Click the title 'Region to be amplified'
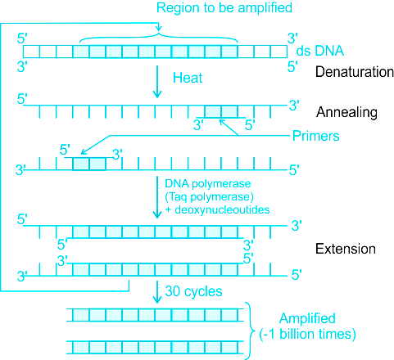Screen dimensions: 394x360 click(224, 8)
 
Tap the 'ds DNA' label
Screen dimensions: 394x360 click(319, 51)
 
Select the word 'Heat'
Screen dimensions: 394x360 click(188, 78)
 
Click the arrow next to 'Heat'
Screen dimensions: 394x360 click(157, 82)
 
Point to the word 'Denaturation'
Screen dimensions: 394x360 click(355, 72)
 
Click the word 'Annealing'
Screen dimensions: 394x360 click(346, 112)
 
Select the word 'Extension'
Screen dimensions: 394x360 click(346, 249)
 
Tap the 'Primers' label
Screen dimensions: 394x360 click(315, 136)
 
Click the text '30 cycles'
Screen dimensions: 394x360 click(193, 291)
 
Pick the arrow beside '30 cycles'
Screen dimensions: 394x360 click(156, 292)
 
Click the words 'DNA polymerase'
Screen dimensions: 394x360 click(208, 183)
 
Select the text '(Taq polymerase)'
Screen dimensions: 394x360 click(209, 196)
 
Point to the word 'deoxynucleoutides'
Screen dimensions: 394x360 click(222, 209)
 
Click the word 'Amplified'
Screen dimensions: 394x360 click(307, 318)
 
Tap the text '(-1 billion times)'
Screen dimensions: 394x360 click(307, 334)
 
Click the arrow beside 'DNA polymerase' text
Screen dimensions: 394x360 click(157, 197)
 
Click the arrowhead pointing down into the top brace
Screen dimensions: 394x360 click(159, 29)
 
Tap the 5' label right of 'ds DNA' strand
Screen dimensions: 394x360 click(292, 67)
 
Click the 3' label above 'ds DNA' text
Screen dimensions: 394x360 click(292, 38)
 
